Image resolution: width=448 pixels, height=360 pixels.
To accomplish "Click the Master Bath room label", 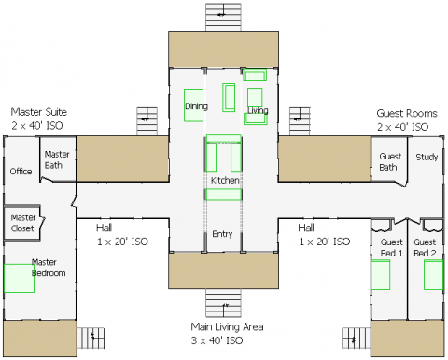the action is [57, 159].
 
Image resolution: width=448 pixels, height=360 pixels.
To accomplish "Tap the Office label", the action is [21, 172].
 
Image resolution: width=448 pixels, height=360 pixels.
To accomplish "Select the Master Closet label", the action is [23, 223].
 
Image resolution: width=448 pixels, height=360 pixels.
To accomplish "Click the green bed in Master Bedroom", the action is [19, 278].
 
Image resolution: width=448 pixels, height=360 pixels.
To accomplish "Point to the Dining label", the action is [196, 106].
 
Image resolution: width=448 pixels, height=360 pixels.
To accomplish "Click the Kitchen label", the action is [225, 180].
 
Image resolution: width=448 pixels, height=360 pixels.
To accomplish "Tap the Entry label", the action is [222, 234].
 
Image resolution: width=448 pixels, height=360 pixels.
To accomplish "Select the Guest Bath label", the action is [390, 161].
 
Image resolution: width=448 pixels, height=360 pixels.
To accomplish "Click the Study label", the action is [427, 157].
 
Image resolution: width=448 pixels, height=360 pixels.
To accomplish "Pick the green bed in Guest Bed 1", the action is [381, 275].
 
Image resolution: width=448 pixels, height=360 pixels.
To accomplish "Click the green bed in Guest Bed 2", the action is [433, 275].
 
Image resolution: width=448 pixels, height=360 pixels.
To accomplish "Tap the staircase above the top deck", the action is [223, 17].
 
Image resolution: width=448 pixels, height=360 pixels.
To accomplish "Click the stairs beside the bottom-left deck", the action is [91, 338].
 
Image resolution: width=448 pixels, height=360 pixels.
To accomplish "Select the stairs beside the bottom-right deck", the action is [357, 338].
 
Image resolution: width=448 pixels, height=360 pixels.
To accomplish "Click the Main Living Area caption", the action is [227, 334].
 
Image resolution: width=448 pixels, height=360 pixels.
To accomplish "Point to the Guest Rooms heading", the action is [407, 119].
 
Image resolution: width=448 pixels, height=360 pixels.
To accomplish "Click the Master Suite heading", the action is [39, 118].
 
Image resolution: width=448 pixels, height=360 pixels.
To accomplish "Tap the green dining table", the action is [193, 105].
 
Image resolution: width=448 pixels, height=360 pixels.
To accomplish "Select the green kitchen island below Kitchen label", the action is [223, 194].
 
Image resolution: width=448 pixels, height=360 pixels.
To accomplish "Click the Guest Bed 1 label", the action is [392, 247].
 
